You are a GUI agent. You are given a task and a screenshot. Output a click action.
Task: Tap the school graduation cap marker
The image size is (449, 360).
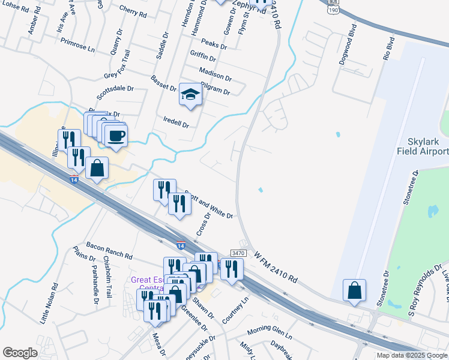pyautogui.click(x=190, y=95)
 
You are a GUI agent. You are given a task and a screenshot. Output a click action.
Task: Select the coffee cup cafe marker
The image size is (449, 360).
pyautogui.click(x=116, y=135)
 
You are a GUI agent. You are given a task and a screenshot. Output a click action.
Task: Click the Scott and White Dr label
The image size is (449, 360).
pyautogui.click(x=208, y=205)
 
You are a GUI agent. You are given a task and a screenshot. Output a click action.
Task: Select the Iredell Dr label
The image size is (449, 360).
pyautogui.click(x=176, y=122)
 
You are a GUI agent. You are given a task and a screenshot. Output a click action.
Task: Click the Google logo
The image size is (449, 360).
pyautogui.click(x=20, y=353)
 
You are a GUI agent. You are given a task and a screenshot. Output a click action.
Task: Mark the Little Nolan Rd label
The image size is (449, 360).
pyautogui.click(x=49, y=304)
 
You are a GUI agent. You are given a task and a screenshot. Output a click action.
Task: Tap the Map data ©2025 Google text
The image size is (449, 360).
pyautogui.click(x=411, y=355)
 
